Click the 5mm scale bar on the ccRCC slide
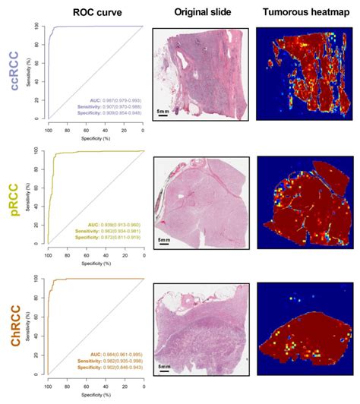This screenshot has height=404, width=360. [164, 112]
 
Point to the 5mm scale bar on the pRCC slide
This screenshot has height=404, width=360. [163, 241]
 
